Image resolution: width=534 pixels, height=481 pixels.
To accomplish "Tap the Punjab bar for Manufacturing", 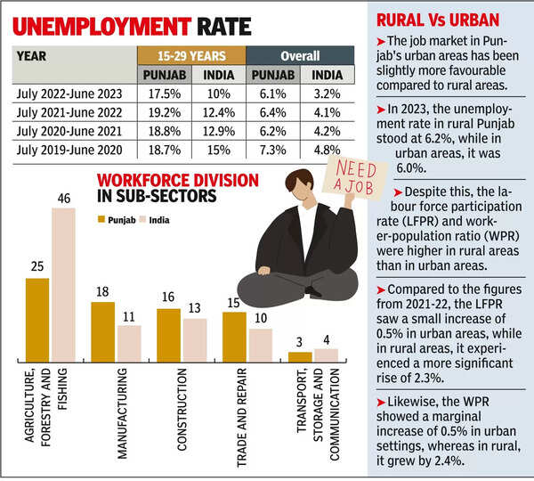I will pos(103,330).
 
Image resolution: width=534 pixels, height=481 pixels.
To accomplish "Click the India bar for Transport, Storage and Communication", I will pos(326,355).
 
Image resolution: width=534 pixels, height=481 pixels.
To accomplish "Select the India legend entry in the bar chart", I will pos(153,218).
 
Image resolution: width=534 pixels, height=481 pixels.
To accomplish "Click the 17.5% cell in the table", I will pos(163,94).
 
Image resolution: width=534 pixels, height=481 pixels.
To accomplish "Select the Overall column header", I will pos(300,54).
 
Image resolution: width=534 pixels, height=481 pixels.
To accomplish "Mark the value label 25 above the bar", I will pos(37,266).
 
